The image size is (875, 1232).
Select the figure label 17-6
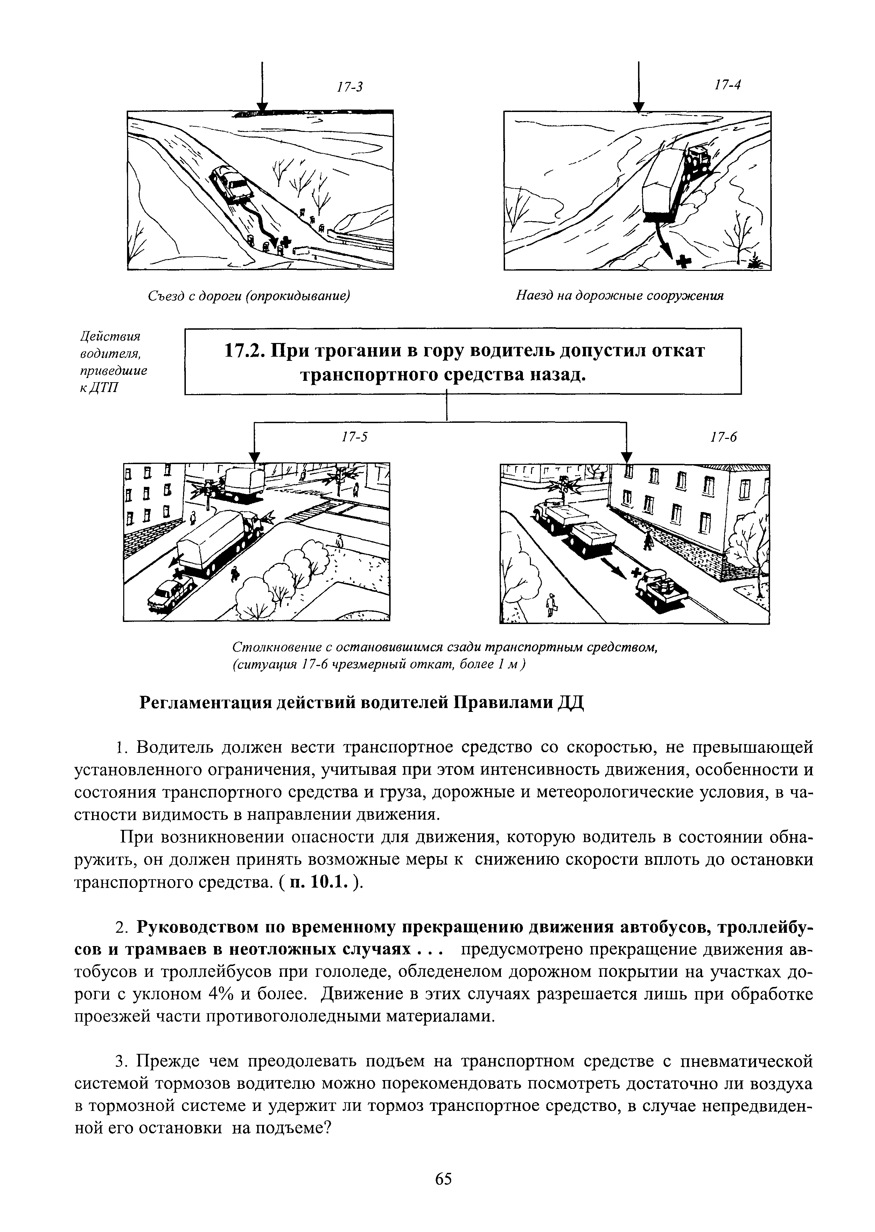[723, 437]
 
